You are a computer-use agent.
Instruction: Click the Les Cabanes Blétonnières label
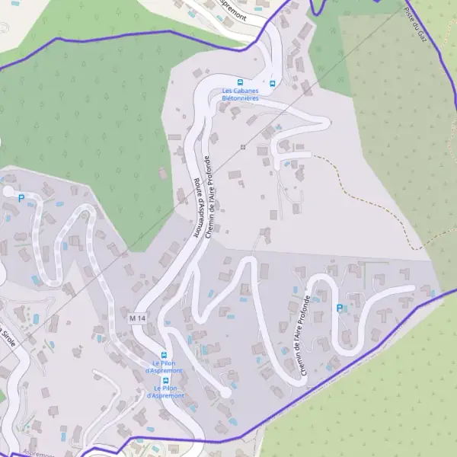(x=240, y=94)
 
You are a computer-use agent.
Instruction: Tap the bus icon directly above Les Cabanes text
(x=240, y=82)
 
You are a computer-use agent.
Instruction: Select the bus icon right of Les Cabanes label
(x=271, y=82)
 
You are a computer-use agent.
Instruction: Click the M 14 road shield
(x=137, y=317)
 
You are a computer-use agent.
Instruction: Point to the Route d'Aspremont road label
(x=197, y=208)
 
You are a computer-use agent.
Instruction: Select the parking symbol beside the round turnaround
(x=21, y=198)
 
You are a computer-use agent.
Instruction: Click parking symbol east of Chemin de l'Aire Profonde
(x=340, y=308)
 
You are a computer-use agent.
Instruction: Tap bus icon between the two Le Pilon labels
(x=165, y=380)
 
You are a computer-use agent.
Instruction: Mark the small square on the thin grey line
(x=243, y=146)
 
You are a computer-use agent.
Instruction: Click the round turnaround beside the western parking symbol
(x=8, y=191)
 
